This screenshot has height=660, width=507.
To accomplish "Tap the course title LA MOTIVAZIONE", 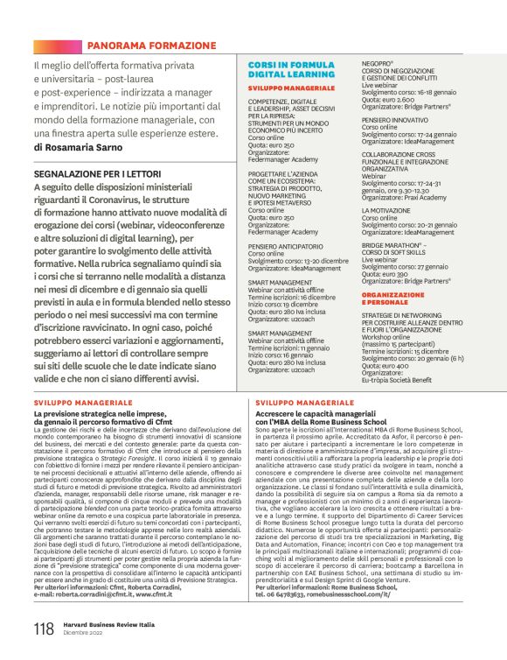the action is click(385, 211).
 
